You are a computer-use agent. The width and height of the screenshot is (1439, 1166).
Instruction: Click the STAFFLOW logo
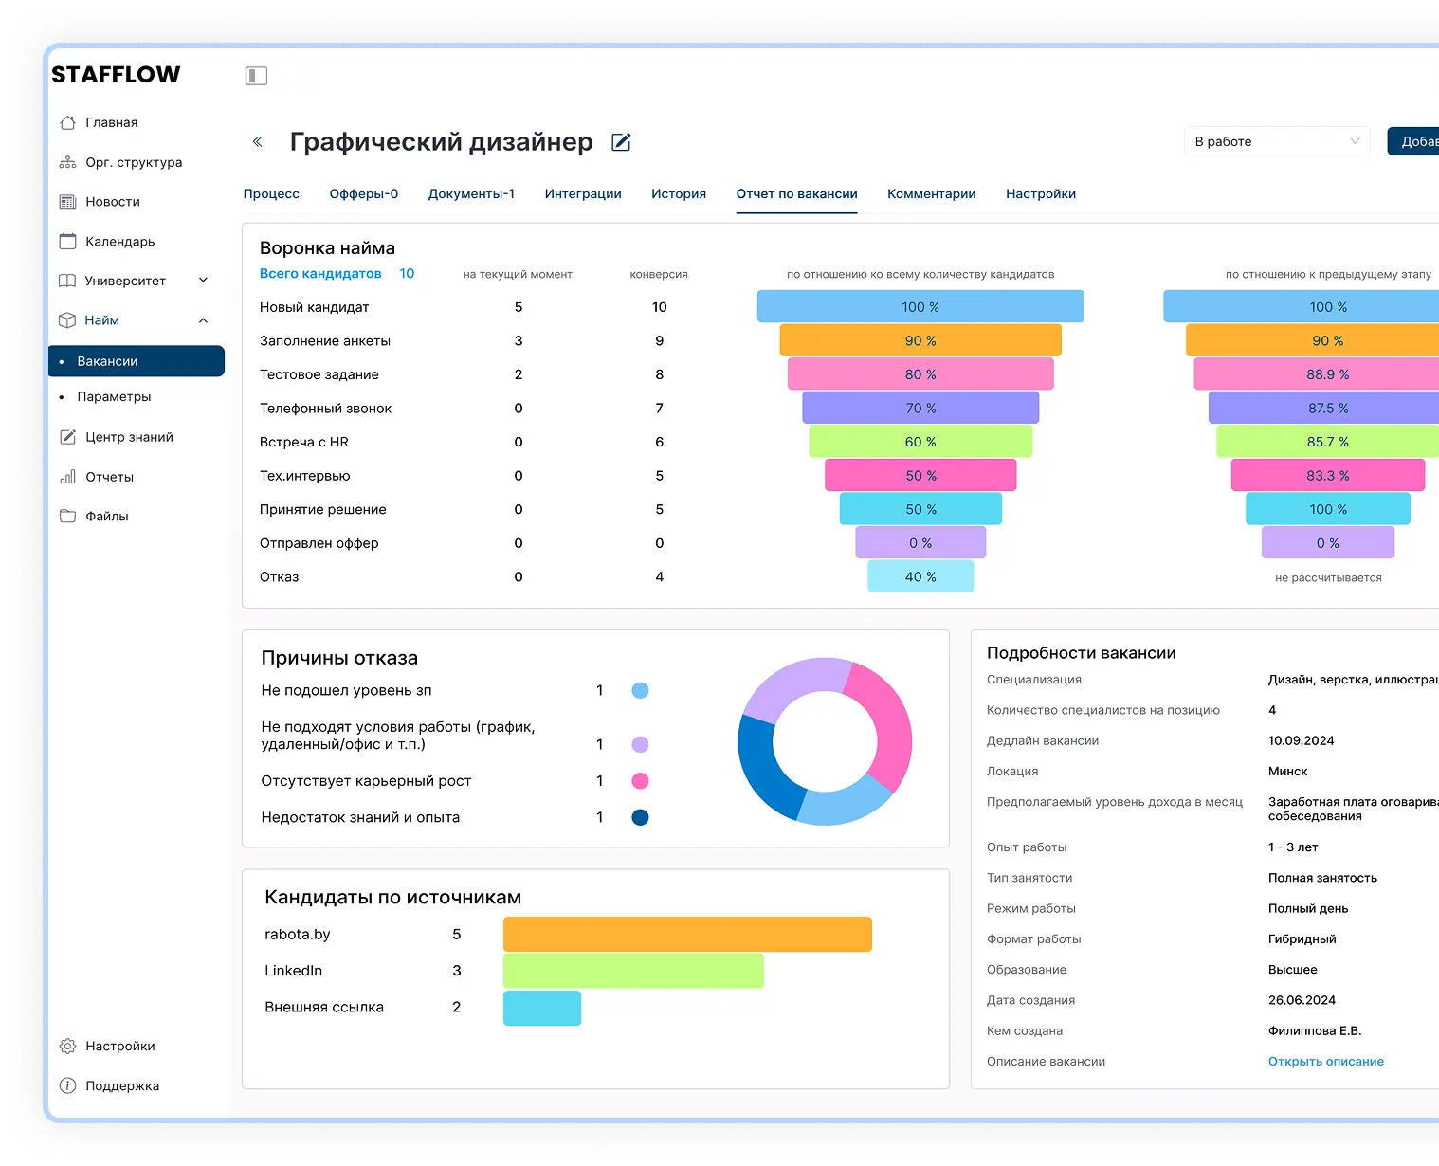coord(116,75)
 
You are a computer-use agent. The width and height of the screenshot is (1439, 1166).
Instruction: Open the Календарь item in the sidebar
coord(118,242)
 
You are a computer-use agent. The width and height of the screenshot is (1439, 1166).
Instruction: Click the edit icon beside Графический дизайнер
coord(621,142)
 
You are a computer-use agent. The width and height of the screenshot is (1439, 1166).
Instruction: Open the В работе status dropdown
coord(1276,141)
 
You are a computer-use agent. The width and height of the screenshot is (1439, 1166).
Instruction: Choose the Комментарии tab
coord(931,193)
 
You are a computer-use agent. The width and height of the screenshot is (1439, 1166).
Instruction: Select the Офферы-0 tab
coord(363,193)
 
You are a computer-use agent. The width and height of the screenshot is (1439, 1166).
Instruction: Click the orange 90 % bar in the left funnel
coord(920,340)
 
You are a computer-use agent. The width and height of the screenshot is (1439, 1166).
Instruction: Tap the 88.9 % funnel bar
coord(1327,374)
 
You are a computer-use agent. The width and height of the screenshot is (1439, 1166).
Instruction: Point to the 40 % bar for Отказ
coord(920,576)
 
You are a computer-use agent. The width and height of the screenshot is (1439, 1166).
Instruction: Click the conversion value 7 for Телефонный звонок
coord(659,409)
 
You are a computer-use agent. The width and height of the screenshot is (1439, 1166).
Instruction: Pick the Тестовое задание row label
coord(319,374)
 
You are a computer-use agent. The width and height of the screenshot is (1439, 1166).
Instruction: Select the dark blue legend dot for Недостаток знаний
coord(640,817)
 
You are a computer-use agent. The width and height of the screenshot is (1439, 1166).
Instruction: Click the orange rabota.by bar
coord(686,934)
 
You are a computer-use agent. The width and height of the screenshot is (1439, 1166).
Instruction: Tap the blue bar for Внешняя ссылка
coord(541,1008)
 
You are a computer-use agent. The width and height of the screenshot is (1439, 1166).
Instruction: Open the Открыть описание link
coord(1325,1062)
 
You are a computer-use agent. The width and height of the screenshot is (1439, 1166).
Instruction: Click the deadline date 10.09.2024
coord(1301,740)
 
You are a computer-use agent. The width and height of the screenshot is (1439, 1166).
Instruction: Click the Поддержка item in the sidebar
coord(121,1086)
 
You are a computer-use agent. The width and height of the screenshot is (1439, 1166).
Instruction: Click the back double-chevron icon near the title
coord(257,142)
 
